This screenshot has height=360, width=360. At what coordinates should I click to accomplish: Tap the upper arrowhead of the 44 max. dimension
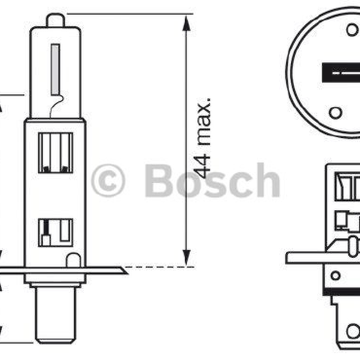(186, 23)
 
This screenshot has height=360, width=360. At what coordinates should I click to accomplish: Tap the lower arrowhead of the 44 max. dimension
(186, 258)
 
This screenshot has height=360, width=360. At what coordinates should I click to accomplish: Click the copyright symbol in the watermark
(108, 181)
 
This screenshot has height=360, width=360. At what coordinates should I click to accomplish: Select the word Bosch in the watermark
(213, 180)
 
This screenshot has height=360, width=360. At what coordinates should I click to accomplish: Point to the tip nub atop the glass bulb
(56, 20)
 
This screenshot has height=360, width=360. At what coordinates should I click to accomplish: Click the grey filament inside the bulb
(55, 69)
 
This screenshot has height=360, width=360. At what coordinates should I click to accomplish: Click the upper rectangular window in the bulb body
(56, 152)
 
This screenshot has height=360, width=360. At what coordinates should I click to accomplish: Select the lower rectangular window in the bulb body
(56, 232)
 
